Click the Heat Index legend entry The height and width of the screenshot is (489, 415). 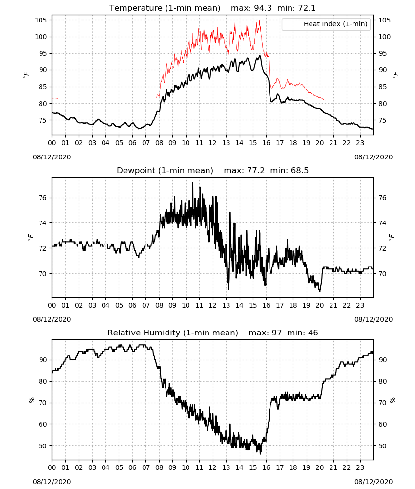[x=326, y=24]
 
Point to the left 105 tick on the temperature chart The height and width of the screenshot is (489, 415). [x=41, y=20]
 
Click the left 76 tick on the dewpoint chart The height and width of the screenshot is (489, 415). [x=43, y=198]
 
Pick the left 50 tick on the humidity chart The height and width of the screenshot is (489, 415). [x=43, y=446]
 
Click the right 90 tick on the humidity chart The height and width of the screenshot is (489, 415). [x=382, y=360]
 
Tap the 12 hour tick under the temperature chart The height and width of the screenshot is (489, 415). [x=213, y=143]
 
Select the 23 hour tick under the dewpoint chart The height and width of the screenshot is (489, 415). [x=360, y=305]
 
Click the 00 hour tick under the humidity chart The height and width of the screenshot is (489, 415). [x=52, y=467]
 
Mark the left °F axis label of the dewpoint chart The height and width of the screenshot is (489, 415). [x=30, y=237]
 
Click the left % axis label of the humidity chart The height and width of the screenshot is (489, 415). [x=32, y=400]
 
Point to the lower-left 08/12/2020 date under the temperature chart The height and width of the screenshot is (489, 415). [x=52, y=157]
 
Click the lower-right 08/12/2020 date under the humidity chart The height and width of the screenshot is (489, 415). [x=373, y=482]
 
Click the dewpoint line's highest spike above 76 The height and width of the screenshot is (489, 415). [x=193, y=183]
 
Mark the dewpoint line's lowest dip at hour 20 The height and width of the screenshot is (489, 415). [x=320, y=291]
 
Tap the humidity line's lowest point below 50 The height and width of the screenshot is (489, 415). [x=261, y=453]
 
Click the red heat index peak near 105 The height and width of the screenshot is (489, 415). [x=259, y=21]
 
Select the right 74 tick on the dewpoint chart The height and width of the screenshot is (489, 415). [x=382, y=223]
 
